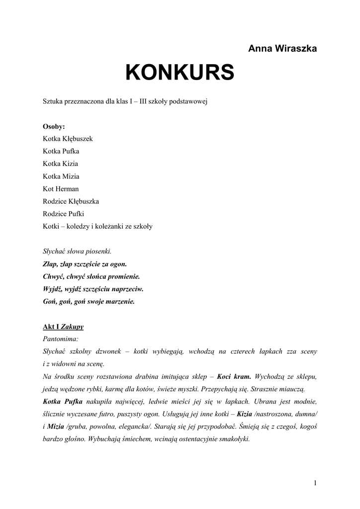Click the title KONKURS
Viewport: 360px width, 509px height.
[x=180, y=73]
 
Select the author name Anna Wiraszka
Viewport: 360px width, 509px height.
[x=282, y=48]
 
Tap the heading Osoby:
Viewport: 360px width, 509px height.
[x=54, y=126]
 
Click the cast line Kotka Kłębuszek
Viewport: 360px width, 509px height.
[x=68, y=139]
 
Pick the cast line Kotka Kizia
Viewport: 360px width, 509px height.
[x=60, y=164]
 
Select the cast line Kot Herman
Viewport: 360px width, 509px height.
[x=61, y=189]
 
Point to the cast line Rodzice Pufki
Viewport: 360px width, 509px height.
[x=64, y=214]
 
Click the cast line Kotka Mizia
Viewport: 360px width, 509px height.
[x=61, y=176]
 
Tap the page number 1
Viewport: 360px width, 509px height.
[x=315, y=483]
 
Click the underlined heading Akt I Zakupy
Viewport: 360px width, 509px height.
[x=63, y=327]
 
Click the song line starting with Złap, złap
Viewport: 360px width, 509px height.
[x=85, y=264]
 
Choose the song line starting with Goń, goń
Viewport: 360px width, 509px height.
[x=89, y=301]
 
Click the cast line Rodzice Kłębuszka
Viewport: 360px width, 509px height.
[x=71, y=201]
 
